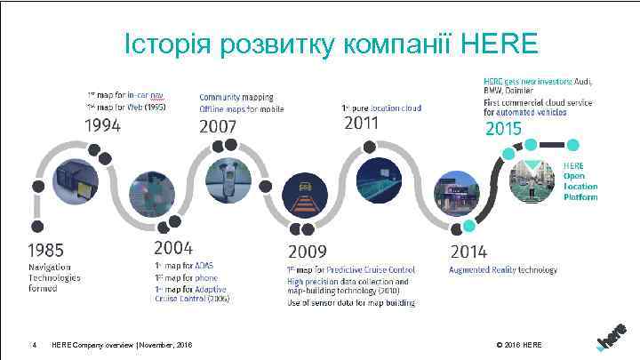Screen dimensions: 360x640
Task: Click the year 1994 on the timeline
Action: pyautogui.click(x=103, y=125)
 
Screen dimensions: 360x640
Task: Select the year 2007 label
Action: pyautogui.click(x=218, y=126)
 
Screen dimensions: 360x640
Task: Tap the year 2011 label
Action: pyautogui.click(x=361, y=124)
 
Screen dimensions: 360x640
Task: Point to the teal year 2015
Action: pyautogui.click(x=502, y=130)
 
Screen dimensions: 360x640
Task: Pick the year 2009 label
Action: pyautogui.click(x=307, y=252)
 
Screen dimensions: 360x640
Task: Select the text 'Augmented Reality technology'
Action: pyautogui.click(x=502, y=270)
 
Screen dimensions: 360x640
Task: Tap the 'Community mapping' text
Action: pyautogui.click(x=236, y=96)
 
